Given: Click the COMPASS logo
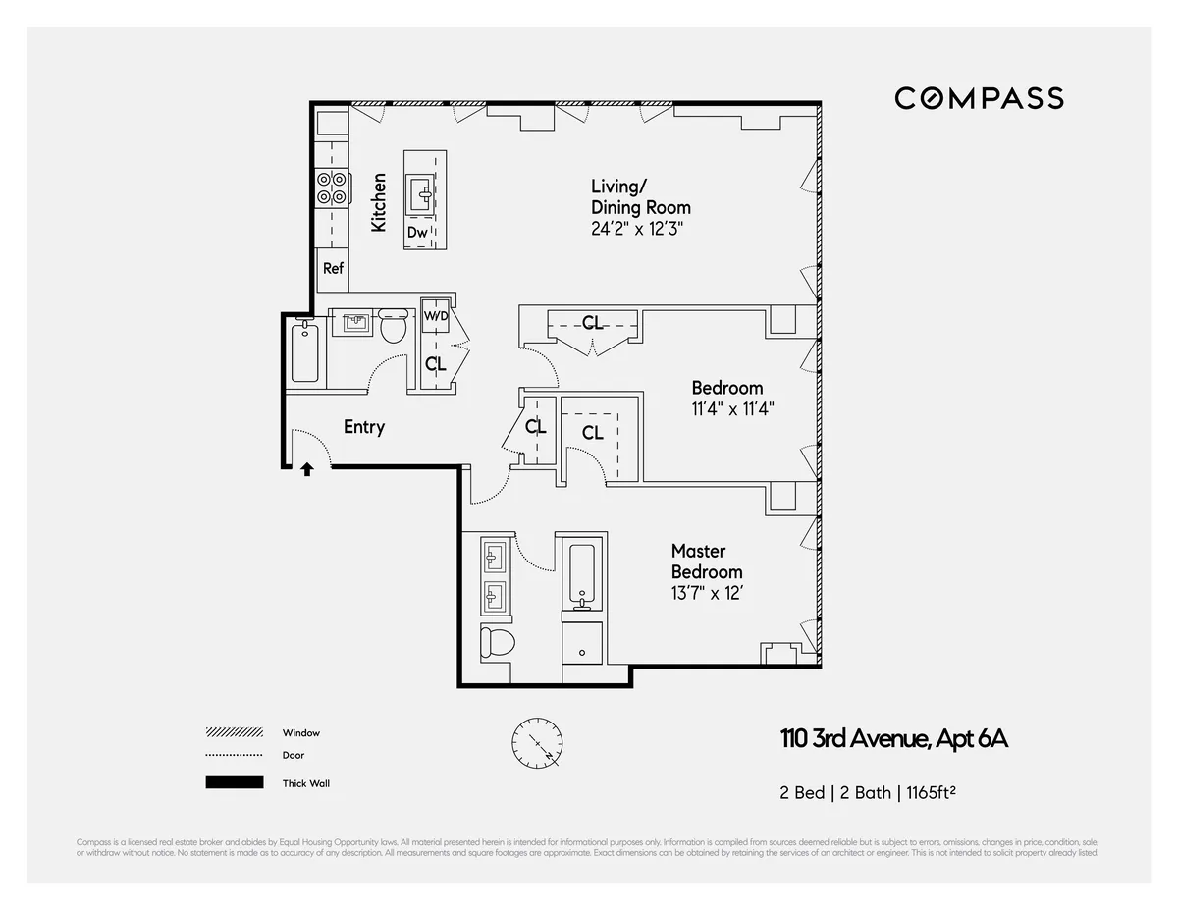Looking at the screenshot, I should click(x=979, y=98).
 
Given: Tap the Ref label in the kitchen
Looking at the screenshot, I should click(x=334, y=268).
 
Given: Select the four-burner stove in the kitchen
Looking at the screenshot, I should click(x=333, y=187).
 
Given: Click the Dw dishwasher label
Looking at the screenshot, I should click(x=417, y=233).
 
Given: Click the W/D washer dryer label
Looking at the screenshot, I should click(x=436, y=317).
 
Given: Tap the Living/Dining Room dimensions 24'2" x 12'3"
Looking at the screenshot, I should click(x=636, y=229).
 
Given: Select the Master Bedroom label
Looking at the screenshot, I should click(x=706, y=562).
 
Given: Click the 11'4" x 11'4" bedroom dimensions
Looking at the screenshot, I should click(x=732, y=409).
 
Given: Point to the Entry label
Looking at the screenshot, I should click(x=363, y=427).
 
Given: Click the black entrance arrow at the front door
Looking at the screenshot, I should click(x=307, y=470).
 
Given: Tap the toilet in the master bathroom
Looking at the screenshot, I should click(x=498, y=644).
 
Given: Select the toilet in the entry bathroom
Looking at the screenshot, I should click(x=394, y=327).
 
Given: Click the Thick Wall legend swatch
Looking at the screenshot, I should click(x=235, y=782).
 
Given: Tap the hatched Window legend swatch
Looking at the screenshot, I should click(x=235, y=732).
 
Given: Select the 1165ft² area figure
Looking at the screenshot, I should click(x=929, y=793).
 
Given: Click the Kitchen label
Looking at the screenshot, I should click(x=379, y=203).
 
